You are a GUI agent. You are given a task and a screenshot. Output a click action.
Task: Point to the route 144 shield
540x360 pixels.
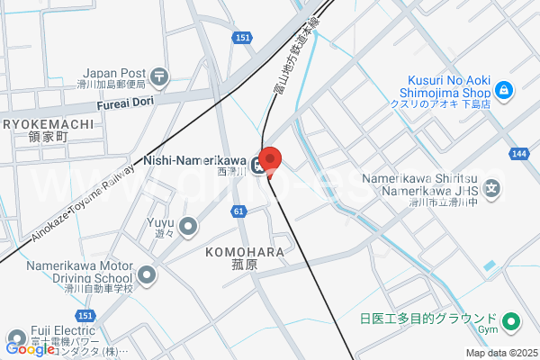[x=518, y=154]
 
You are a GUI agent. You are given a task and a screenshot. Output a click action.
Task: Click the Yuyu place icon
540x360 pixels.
[x=188, y=226]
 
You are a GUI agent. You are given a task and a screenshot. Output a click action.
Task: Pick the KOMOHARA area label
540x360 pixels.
[x=245, y=251]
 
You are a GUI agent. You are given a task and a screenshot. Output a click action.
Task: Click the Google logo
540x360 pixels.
[x=30, y=349]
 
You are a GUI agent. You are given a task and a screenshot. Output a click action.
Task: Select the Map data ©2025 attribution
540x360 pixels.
[x=500, y=353]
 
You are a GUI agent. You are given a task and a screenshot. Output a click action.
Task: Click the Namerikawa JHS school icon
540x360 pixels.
[x=492, y=189]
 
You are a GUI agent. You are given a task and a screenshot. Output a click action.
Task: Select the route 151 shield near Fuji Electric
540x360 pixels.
[x=85, y=315]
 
